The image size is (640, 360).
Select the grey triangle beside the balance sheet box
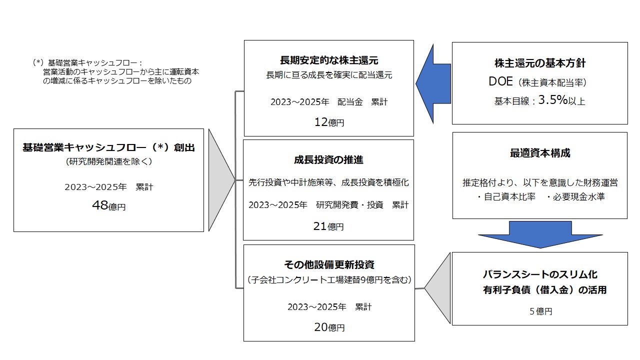point(437,288)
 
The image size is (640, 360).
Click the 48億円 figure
point(109,205)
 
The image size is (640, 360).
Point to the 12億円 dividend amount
point(329,122)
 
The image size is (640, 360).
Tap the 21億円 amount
point(328,226)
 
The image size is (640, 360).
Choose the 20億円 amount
point(329,327)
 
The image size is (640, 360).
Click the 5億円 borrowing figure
point(541,311)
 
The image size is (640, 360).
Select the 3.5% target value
point(553,99)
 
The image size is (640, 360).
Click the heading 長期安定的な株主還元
point(329,60)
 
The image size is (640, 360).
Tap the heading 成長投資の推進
point(328,159)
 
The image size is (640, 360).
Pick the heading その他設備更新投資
point(329,264)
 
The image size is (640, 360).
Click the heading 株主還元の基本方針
point(540,63)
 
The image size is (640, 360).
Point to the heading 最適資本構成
point(540,153)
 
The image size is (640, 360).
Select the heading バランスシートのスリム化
point(540,274)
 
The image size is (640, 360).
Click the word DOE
point(500,81)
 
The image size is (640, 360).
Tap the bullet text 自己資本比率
point(509,197)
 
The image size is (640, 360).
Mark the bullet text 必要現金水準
point(579,197)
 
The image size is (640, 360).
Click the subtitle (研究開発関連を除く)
point(109,161)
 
